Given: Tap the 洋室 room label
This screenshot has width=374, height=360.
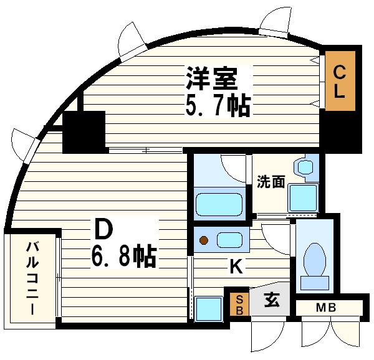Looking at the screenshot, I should (x=211, y=78).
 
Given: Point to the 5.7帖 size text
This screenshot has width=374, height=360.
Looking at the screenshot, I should (x=217, y=105).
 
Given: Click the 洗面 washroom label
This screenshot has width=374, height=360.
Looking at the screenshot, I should (x=271, y=182).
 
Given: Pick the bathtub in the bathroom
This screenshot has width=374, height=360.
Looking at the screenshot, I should (x=219, y=204).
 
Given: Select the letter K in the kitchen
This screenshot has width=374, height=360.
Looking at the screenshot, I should (x=236, y=267).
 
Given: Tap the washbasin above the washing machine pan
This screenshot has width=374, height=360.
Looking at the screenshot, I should (x=305, y=168).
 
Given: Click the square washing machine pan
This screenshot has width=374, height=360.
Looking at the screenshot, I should (x=304, y=198).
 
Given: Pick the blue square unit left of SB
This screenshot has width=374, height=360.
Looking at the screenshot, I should (x=209, y=308).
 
